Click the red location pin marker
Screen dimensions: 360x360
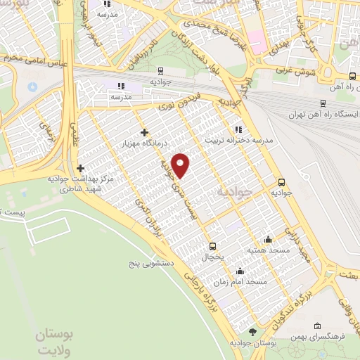181,165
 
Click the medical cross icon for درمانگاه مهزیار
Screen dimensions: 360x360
144,132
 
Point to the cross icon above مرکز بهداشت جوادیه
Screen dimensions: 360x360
80,168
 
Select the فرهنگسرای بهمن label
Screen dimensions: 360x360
326,338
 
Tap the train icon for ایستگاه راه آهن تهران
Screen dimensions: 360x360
321,101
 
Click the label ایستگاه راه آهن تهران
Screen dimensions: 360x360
321,114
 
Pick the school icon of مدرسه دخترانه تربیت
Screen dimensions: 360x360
238,129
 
